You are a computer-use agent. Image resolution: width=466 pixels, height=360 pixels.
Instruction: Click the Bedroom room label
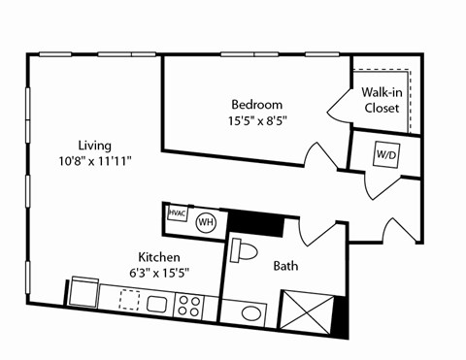click(x=256, y=105)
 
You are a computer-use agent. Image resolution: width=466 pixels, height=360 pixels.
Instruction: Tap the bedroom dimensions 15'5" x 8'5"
click(x=256, y=121)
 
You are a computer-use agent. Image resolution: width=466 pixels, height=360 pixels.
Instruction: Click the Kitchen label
click(x=158, y=257)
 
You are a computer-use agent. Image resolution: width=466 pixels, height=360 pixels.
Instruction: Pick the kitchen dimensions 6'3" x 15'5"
click(x=158, y=273)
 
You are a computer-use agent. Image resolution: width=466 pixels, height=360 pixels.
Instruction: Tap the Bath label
click(x=285, y=265)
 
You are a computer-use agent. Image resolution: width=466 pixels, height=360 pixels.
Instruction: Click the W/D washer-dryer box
click(x=385, y=153)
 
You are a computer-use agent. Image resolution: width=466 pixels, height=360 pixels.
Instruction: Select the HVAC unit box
click(x=177, y=213)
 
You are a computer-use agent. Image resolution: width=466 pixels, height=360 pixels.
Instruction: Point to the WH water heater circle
click(x=206, y=222)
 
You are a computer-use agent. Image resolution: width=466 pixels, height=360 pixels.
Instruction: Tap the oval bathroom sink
click(x=252, y=313)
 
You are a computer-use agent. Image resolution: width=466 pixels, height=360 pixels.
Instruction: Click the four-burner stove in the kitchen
click(x=188, y=308)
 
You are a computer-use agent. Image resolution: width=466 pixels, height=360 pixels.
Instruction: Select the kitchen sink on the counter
click(x=157, y=304)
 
